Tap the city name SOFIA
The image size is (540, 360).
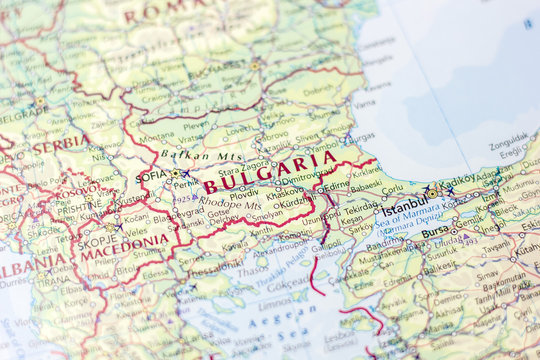point(152,176)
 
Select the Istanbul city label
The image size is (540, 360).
point(405,205)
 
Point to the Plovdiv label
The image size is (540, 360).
point(244,193)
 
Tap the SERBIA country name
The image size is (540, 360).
point(58,146)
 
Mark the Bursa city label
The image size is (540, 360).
point(435,233)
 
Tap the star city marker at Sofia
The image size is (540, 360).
point(176,174)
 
